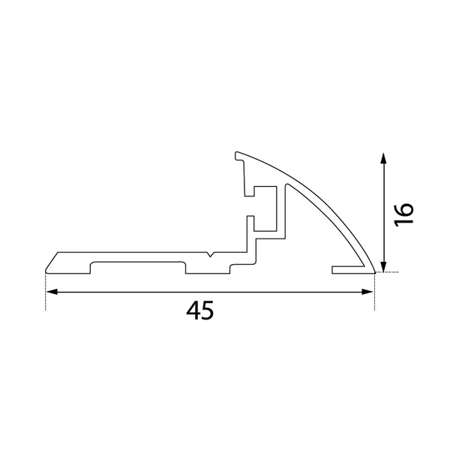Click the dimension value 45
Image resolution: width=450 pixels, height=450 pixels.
click(200, 310)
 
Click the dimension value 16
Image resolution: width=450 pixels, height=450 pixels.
click(403, 214)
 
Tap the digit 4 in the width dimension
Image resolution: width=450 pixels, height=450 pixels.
click(193, 310)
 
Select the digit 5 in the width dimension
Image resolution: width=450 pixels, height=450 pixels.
click(208, 310)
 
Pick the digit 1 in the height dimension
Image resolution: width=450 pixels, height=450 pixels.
click(403, 223)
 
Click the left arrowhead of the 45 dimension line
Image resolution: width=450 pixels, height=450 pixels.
click(52, 292)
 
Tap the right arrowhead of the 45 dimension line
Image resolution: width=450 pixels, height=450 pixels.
click(367, 292)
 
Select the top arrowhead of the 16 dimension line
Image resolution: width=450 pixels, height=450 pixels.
click(383, 158)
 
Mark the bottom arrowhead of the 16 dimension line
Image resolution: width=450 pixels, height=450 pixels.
click(383, 266)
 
